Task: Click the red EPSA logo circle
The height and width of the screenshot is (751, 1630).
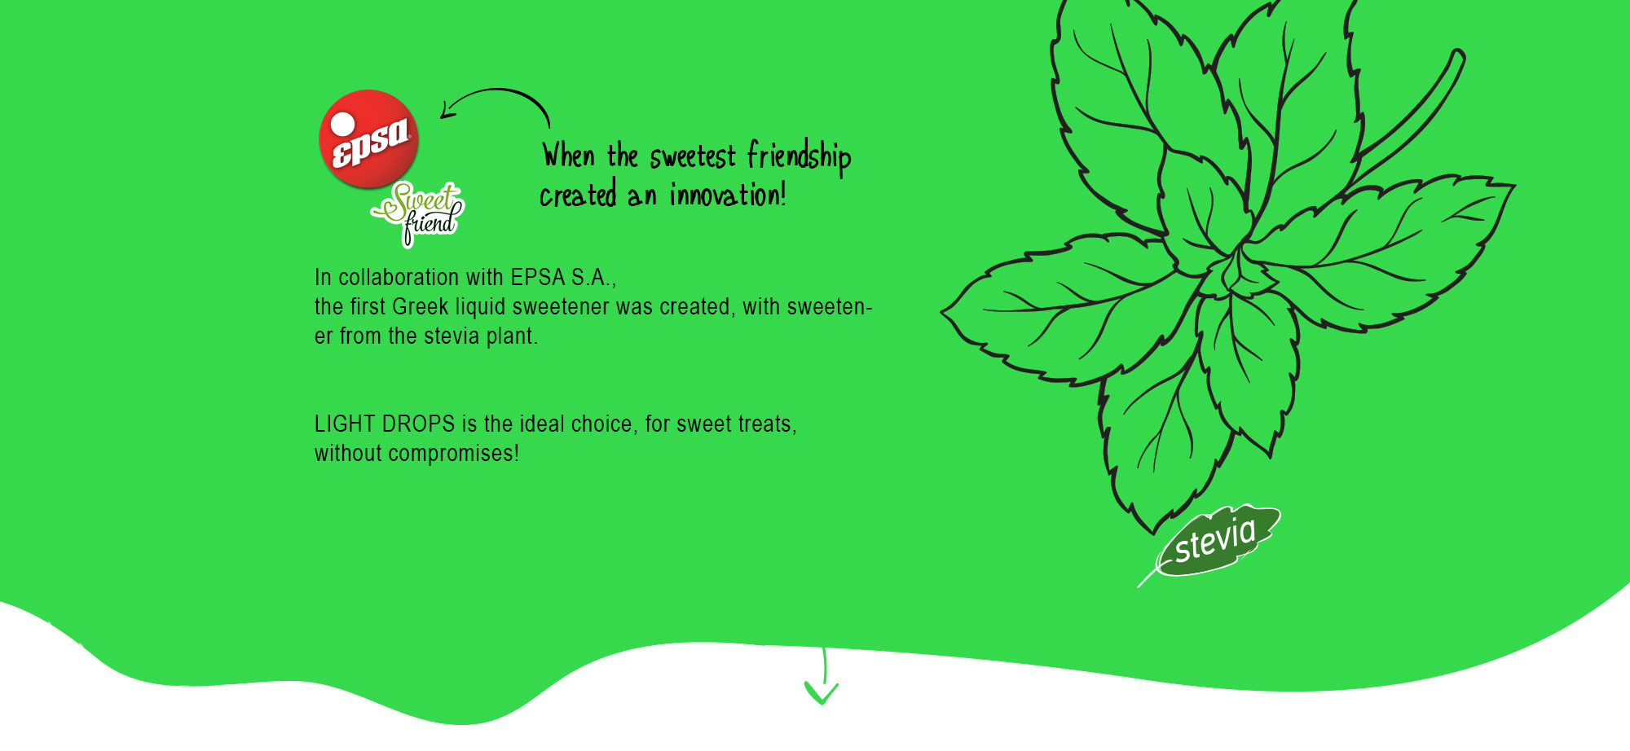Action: pos(368,138)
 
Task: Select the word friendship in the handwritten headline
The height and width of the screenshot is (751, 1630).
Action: pos(799,156)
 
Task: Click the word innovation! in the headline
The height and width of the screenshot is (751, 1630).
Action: pos(728,195)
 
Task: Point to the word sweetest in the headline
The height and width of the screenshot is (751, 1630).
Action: pos(693,156)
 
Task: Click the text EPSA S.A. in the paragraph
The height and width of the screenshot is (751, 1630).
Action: pos(563,278)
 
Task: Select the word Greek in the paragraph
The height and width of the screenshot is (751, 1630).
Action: pos(421,307)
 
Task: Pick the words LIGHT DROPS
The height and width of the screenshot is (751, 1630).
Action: pos(385,424)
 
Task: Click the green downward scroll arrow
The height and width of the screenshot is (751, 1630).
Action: pos(822,678)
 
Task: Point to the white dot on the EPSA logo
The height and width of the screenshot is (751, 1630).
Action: pos(342,124)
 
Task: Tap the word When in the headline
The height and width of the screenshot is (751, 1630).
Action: pos(569,156)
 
